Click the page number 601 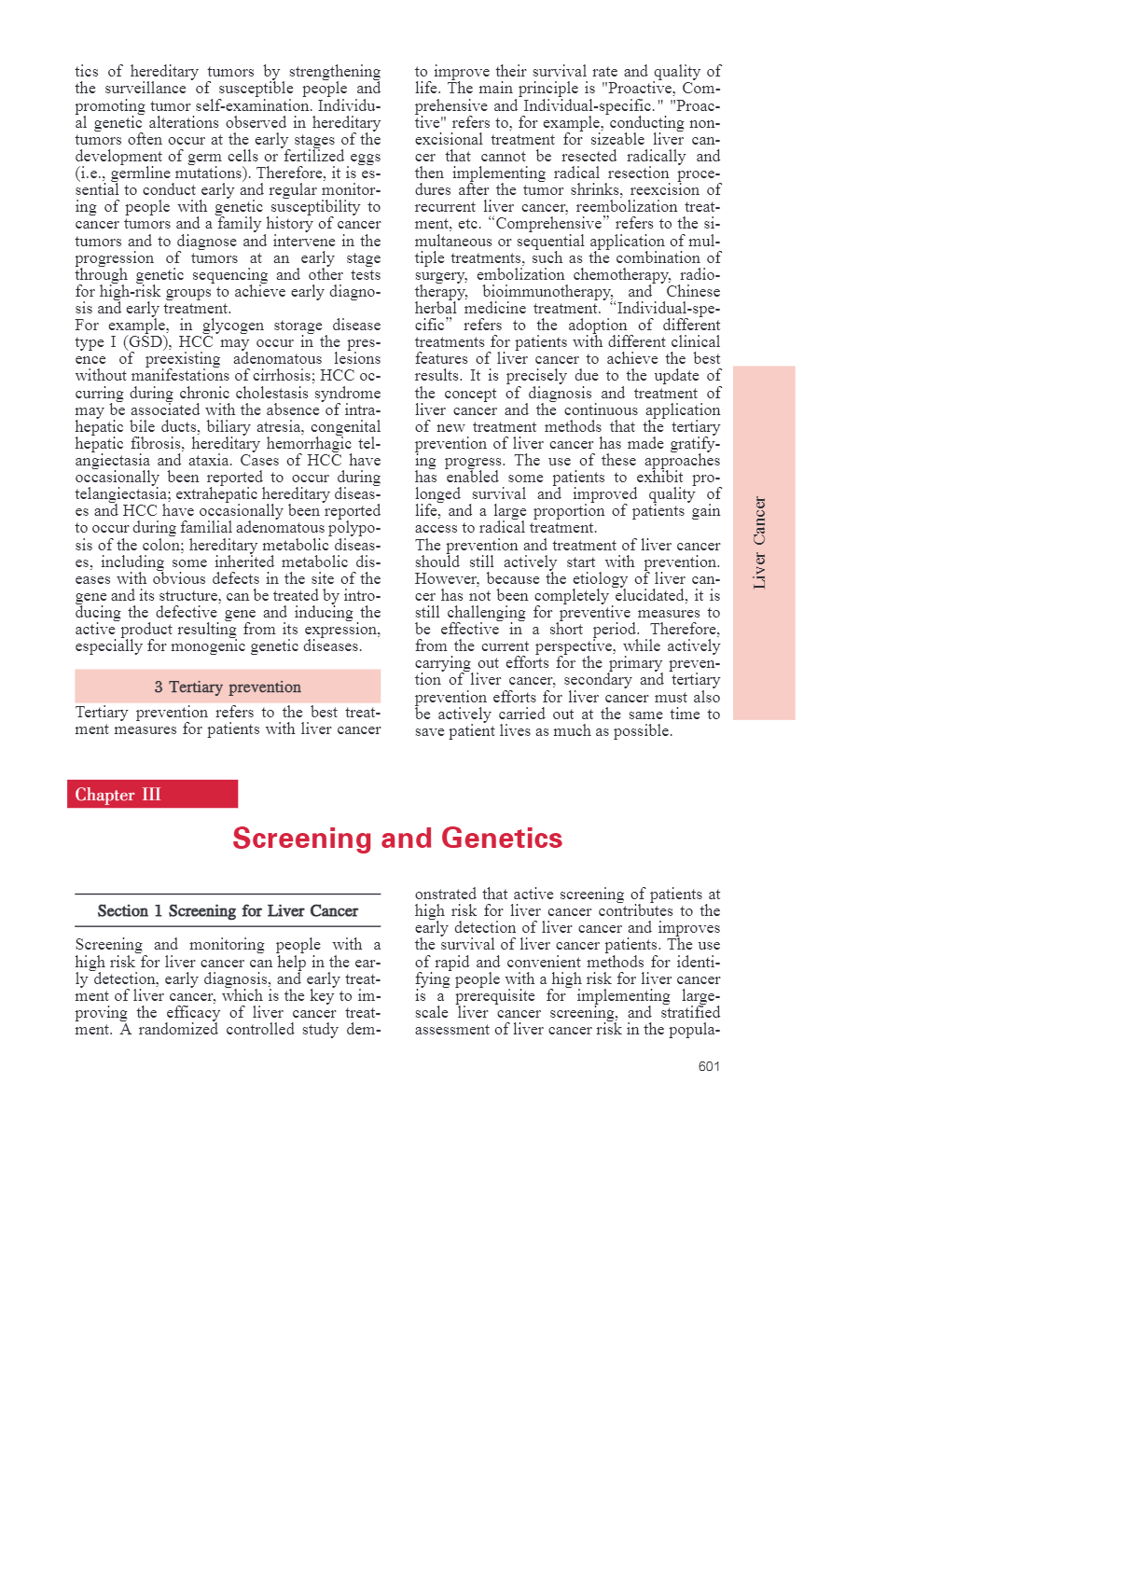pos(709,1066)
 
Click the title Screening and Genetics pos(397,839)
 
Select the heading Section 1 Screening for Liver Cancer pos(228,911)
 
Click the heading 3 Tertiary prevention pos(228,687)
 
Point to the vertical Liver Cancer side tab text pos(760,543)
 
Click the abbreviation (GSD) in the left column pos(147,342)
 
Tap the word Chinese pos(693,292)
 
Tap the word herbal pos(436,309)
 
